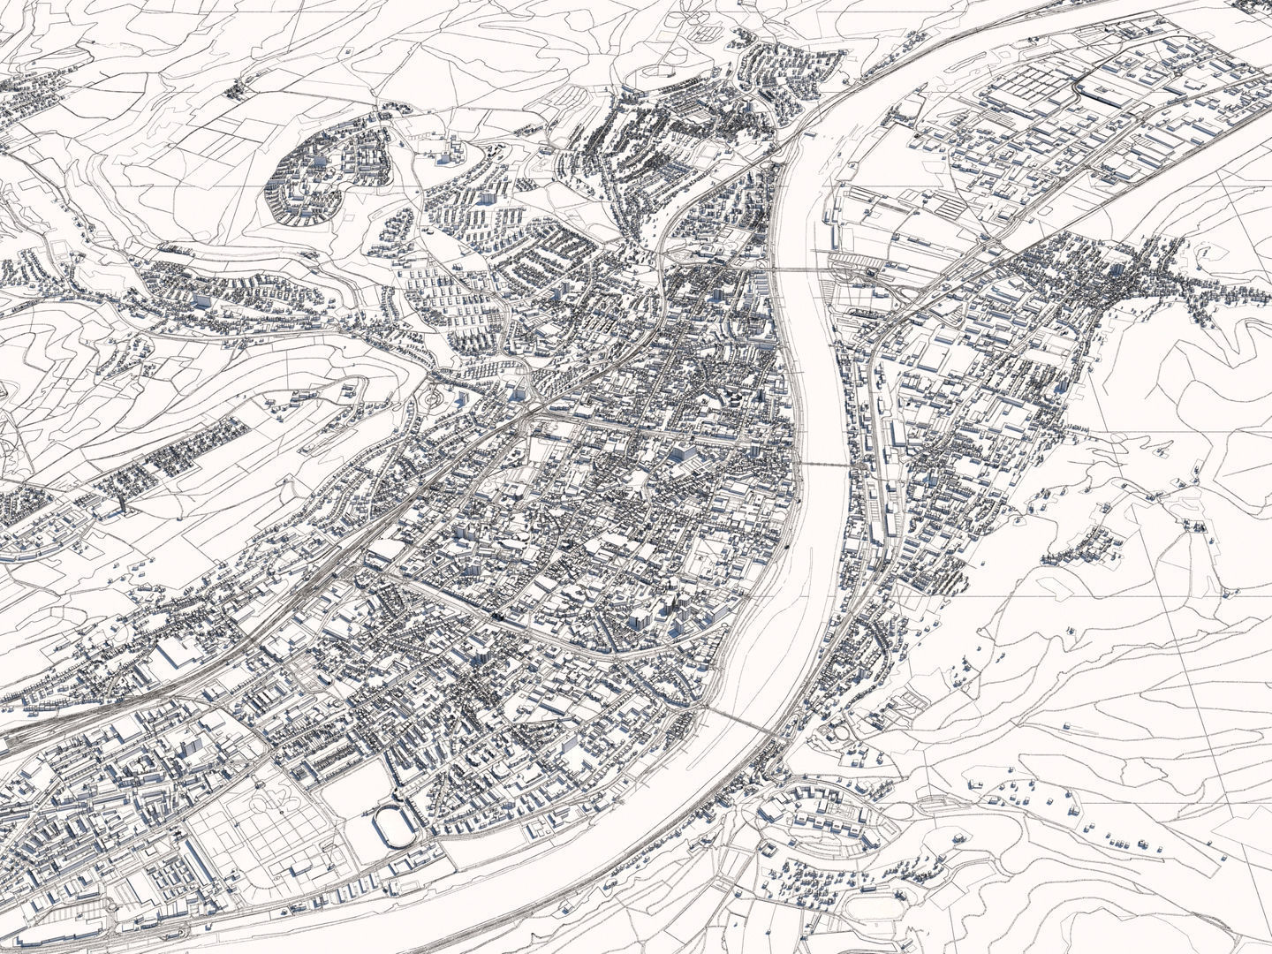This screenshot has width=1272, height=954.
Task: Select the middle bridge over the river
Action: [824, 463]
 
